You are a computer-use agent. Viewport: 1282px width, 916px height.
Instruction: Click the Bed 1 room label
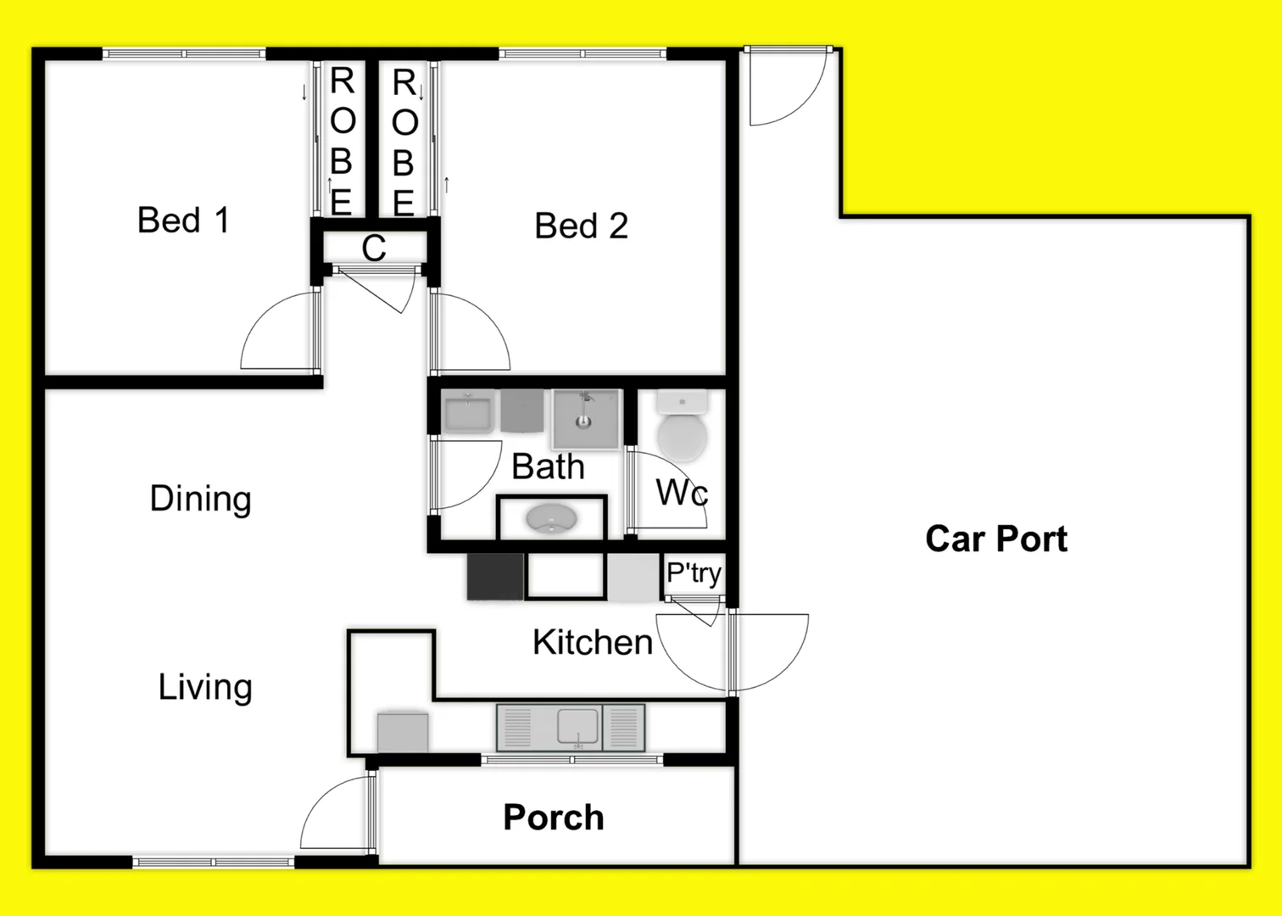[183, 221]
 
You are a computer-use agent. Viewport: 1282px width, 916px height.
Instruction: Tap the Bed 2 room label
[581, 226]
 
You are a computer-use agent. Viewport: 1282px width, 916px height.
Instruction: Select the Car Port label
[995, 539]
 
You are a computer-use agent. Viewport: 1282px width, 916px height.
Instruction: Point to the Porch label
[553, 818]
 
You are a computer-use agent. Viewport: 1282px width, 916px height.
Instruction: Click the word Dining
[200, 499]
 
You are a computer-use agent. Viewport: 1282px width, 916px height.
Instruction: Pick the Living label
[205, 687]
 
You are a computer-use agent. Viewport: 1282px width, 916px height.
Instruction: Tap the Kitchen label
[592, 643]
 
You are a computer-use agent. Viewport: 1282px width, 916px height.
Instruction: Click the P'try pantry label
[694, 573]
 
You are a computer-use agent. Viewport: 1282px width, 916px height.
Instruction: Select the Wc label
[682, 492]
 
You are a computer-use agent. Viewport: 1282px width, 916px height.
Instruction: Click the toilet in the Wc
[682, 426]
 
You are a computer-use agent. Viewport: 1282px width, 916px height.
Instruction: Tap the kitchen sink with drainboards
[571, 728]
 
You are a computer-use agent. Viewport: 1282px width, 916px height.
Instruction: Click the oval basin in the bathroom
[550, 518]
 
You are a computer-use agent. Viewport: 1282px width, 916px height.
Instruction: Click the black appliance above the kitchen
[495, 577]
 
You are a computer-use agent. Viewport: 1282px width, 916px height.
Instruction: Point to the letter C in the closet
[373, 249]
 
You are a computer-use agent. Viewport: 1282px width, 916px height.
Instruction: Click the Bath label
[548, 467]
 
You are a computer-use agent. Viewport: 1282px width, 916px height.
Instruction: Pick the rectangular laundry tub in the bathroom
[467, 413]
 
